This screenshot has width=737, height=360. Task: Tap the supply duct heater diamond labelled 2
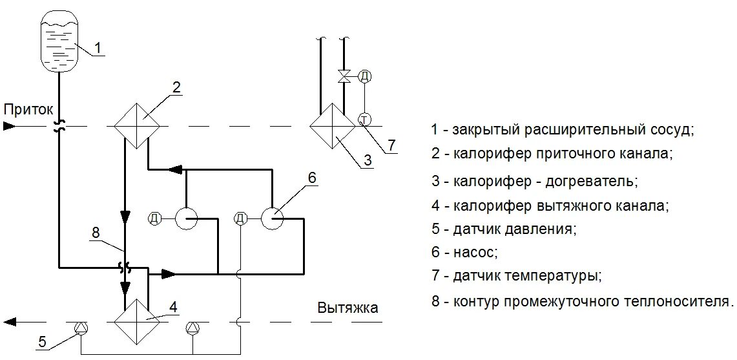136,125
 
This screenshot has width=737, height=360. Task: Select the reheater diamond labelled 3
332,125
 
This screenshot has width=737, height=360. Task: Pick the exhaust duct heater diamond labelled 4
136,321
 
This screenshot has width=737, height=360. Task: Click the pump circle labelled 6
272,218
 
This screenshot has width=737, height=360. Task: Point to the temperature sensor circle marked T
364,119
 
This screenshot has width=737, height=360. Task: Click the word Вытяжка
348,308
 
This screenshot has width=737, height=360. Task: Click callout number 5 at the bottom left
41,343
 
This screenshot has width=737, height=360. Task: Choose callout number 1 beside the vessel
98,47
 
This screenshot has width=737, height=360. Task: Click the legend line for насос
465,252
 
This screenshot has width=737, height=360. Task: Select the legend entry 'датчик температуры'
517,276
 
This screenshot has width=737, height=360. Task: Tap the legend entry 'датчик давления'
504,229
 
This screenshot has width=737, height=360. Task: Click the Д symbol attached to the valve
365,76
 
